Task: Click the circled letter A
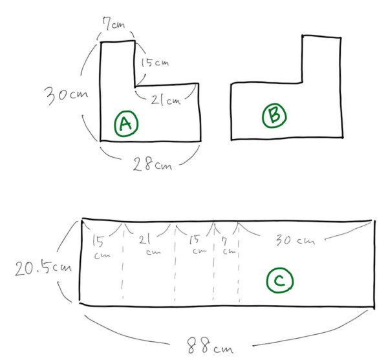pyautogui.click(x=126, y=123)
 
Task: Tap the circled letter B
pyautogui.click(x=274, y=116)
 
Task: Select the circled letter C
pyautogui.click(x=280, y=281)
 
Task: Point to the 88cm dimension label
pyautogui.click(x=210, y=346)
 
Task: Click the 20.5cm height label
pyautogui.click(x=43, y=268)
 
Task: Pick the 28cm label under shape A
pyautogui.click(x=153, y=164)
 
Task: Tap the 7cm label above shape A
pyautogui.click(x=114, y=23)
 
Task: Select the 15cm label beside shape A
pyautogui.click(x=155, y=63)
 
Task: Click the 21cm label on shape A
pyautogui.click(x=166, y=100)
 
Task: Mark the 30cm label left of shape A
pyautogui.click(x=66, y=95)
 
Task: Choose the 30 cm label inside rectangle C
pyautogui.click(x=296, y=240)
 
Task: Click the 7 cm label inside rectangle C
pyautogui.click(x=228, y=246)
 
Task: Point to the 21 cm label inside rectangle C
pyautogui.click(x=149, y=245)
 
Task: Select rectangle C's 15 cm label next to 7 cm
pyautogui.click(x=197, y=244)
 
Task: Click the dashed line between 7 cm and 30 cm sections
pyautogui.click(x=239, y=264)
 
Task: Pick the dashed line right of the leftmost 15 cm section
pyautogui.click(x=123, y=262)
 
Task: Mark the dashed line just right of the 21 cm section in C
pyautogui.click(x=175, y=264)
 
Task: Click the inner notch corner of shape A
pyautogui.click(x=135, y=87)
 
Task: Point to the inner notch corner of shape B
pyautogui.click(x=302, y=82)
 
